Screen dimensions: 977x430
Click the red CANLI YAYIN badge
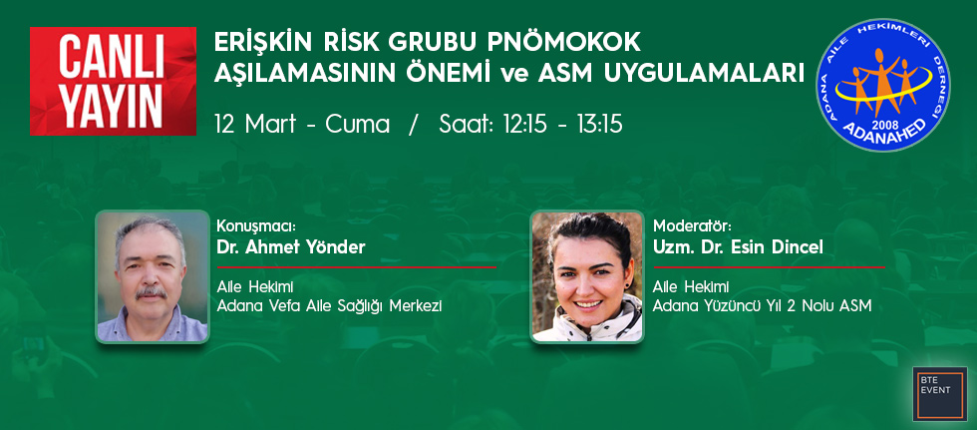click(113, 81)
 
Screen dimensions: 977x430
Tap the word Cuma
click(358, 125)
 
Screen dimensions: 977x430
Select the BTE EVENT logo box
click(939, 393)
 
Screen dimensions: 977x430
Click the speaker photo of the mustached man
click(152, 276)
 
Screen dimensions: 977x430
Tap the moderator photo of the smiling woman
click(587, 276)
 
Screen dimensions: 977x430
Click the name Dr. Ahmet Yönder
click(290, 247)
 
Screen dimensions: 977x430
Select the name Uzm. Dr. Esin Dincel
click(738, 247)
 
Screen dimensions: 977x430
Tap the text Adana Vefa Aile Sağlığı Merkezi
click(329, 306)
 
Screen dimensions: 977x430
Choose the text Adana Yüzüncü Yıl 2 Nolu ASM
click(762, 306)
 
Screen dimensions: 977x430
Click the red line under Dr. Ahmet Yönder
click(357, 267)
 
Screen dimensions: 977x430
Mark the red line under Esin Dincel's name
click(769, 267)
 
